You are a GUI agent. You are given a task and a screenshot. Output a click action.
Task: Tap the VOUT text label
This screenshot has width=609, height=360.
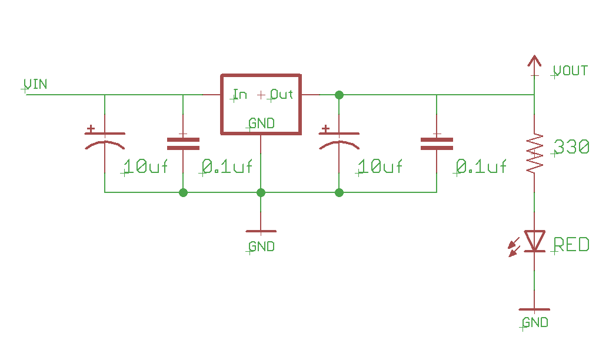pyautogui.click(x=570, y=71)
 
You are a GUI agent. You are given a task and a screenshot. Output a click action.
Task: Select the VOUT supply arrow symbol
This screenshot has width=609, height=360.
pyautogui.click(x=534, y=62)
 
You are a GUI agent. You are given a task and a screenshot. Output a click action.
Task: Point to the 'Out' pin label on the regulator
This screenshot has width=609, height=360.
pyautogui.click(x=282, y=94)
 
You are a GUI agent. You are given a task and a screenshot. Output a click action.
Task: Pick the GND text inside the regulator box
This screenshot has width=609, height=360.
pyautogui.click(x=261, y=124)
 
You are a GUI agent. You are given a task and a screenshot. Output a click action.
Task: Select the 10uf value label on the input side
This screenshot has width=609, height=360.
pyautogui.click(x=146, y=167)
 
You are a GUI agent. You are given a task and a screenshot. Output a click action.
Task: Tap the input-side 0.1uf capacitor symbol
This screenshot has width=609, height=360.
pyautogui.click(x=183, y=144)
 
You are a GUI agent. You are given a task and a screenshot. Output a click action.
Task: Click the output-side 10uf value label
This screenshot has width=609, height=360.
pyautogui.click(x=381, y=167)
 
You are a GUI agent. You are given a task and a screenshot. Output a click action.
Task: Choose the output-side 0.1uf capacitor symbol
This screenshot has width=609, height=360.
pyautogui.click(x=437, y=144)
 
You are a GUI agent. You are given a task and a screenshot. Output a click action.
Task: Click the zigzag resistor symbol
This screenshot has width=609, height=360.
pyautogui.click(x=534, y=154)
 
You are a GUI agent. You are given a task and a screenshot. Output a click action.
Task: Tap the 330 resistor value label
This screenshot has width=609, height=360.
pyautogui.click(x=571, y=147)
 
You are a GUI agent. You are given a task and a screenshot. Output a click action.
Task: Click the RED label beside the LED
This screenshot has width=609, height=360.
pyautogui.click(x=571, y=244)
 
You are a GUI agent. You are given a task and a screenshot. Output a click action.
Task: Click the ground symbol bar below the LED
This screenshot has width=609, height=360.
pyautogui.click(x=534, y=309)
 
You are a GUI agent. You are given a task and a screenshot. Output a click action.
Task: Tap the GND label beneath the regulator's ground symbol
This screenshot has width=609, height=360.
pyautogui.click(x=261, y=246)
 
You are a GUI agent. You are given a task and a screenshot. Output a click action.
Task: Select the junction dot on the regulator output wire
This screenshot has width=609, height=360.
pyautogui.click(x=339, y=95)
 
